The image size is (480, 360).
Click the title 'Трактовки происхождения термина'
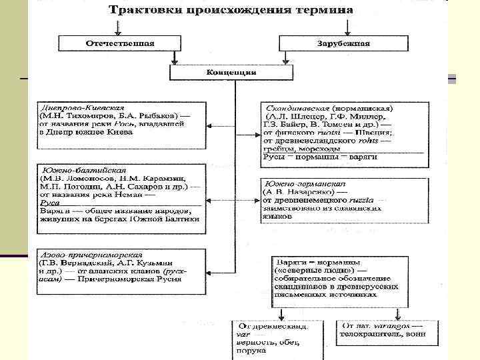(x=231, y=11)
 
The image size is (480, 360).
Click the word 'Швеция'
(x=374, y=132)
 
